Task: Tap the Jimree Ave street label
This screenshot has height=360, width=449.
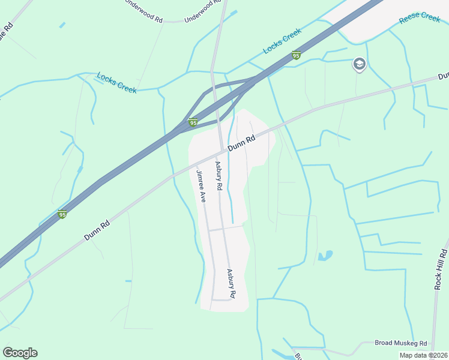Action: click(x=200, y=185)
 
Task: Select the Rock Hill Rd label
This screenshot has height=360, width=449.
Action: click(x=441, y=270)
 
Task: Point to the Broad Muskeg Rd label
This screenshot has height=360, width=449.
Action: click(x=400, y=343)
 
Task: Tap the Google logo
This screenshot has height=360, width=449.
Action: click(x=20, y=353)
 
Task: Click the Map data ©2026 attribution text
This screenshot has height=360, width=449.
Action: click(x=423, y=355)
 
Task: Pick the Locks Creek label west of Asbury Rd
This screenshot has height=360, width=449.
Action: click(x=117, y=83)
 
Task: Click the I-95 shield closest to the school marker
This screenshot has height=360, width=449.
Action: click(x=296, y=55)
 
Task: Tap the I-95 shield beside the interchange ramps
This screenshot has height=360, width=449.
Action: click(x=193, y=122)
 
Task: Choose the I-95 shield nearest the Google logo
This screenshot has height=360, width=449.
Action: click(x=62, y=214)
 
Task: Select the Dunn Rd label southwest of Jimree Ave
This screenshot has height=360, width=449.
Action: click(x=97, y=230)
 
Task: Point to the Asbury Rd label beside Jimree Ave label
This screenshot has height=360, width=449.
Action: click(x=218, y=176)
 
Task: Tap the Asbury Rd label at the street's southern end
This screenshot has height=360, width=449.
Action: click(x=231, y=283)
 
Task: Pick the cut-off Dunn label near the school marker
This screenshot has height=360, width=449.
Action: click(x=443, y=76)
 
